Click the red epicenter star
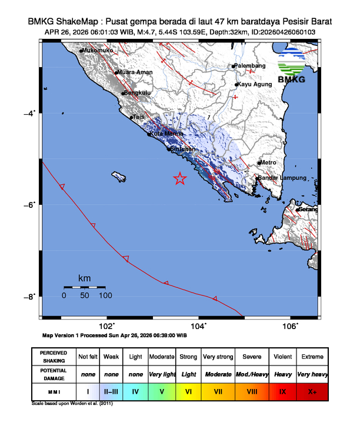point(180,179)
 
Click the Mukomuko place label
point(98,51)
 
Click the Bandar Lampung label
point(283,178)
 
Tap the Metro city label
point(268,162)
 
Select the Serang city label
point(308,210)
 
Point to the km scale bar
point(84,287)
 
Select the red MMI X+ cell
point(311,391)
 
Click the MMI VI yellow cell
point(189,391)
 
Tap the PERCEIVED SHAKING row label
point(54,357)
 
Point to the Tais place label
point(139,117)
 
